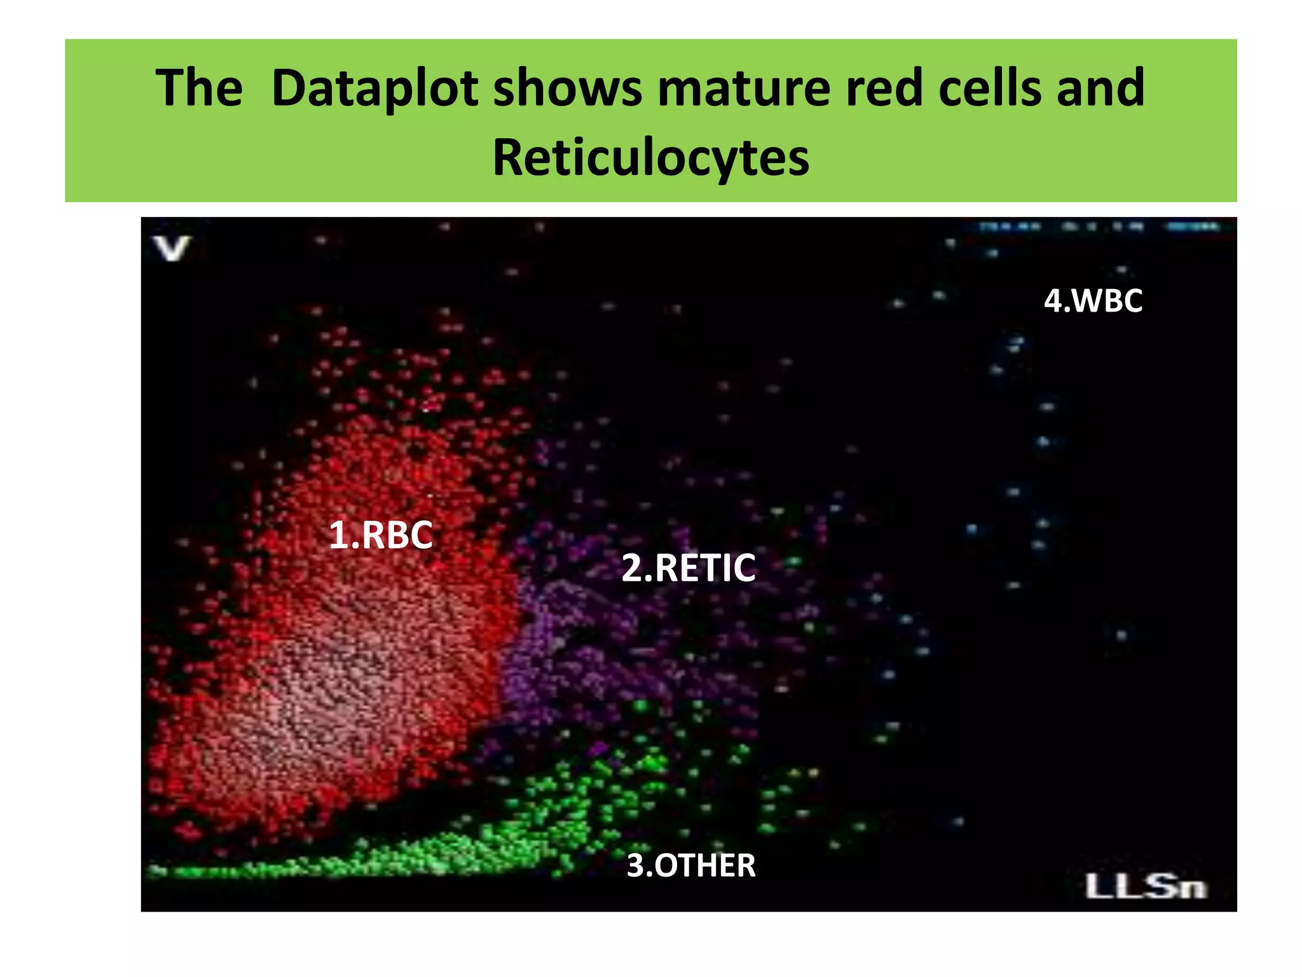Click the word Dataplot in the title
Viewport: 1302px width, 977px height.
pyautogui.click(x=374, y=88)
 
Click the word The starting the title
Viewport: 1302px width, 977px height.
pyautogui.click(x=199, y=88)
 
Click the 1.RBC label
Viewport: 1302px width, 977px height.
pyautogui.click(x=380, y=535)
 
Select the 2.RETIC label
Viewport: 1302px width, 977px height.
pyautogui.click(x=689, y=568)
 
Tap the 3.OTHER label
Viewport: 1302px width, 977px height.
pyautogui.click(x=691, y=866)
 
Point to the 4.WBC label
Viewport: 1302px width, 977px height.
pyautogui.click(x=1093, y=301)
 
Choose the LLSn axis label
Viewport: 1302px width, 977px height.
pyautogui.click(x=1145, y=887)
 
